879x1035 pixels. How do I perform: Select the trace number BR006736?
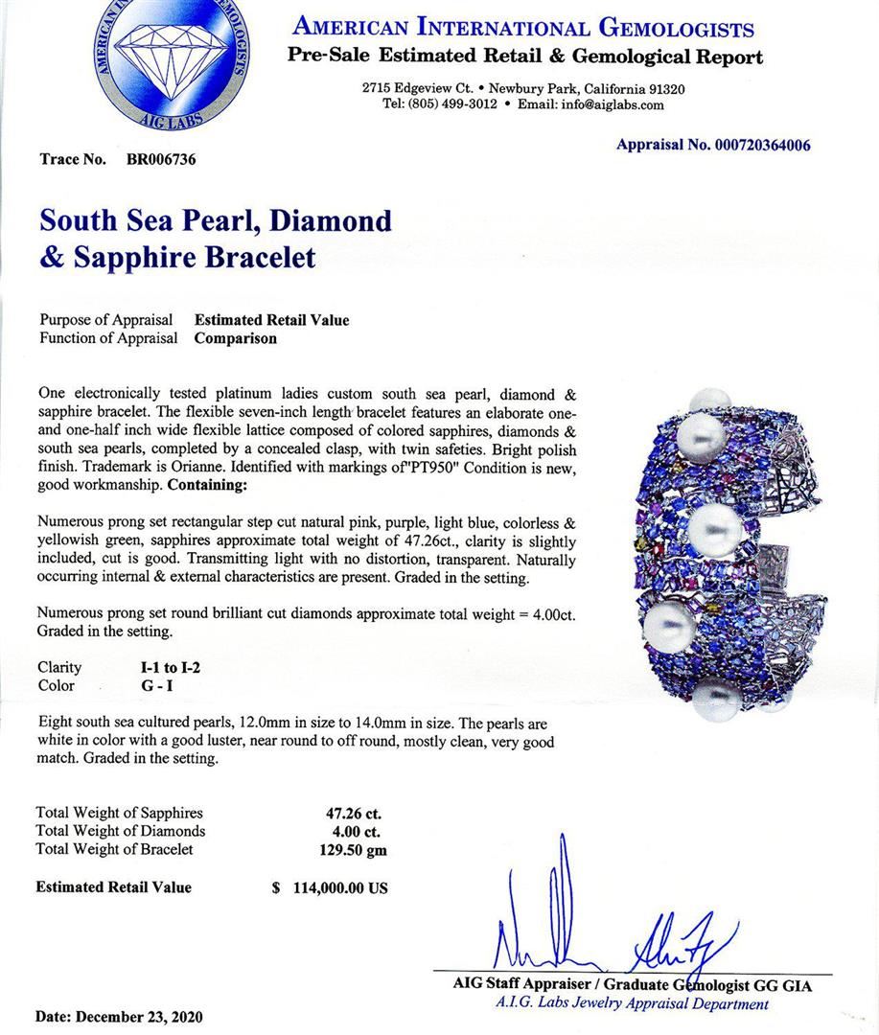pyautogui.click(x=161, y=160)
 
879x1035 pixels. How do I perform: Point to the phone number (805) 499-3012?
pyautogui.click(x=440, y=104)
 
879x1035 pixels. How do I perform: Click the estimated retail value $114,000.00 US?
pyautogui.click(x=330, y=887)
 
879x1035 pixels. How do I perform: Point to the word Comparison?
pyautogui.click(x=236, y=338)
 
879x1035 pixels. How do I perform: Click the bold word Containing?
pyautogui.click(x=207, y=486)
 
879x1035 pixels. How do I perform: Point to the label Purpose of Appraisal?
pyautogui.click(x=106, y=320)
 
